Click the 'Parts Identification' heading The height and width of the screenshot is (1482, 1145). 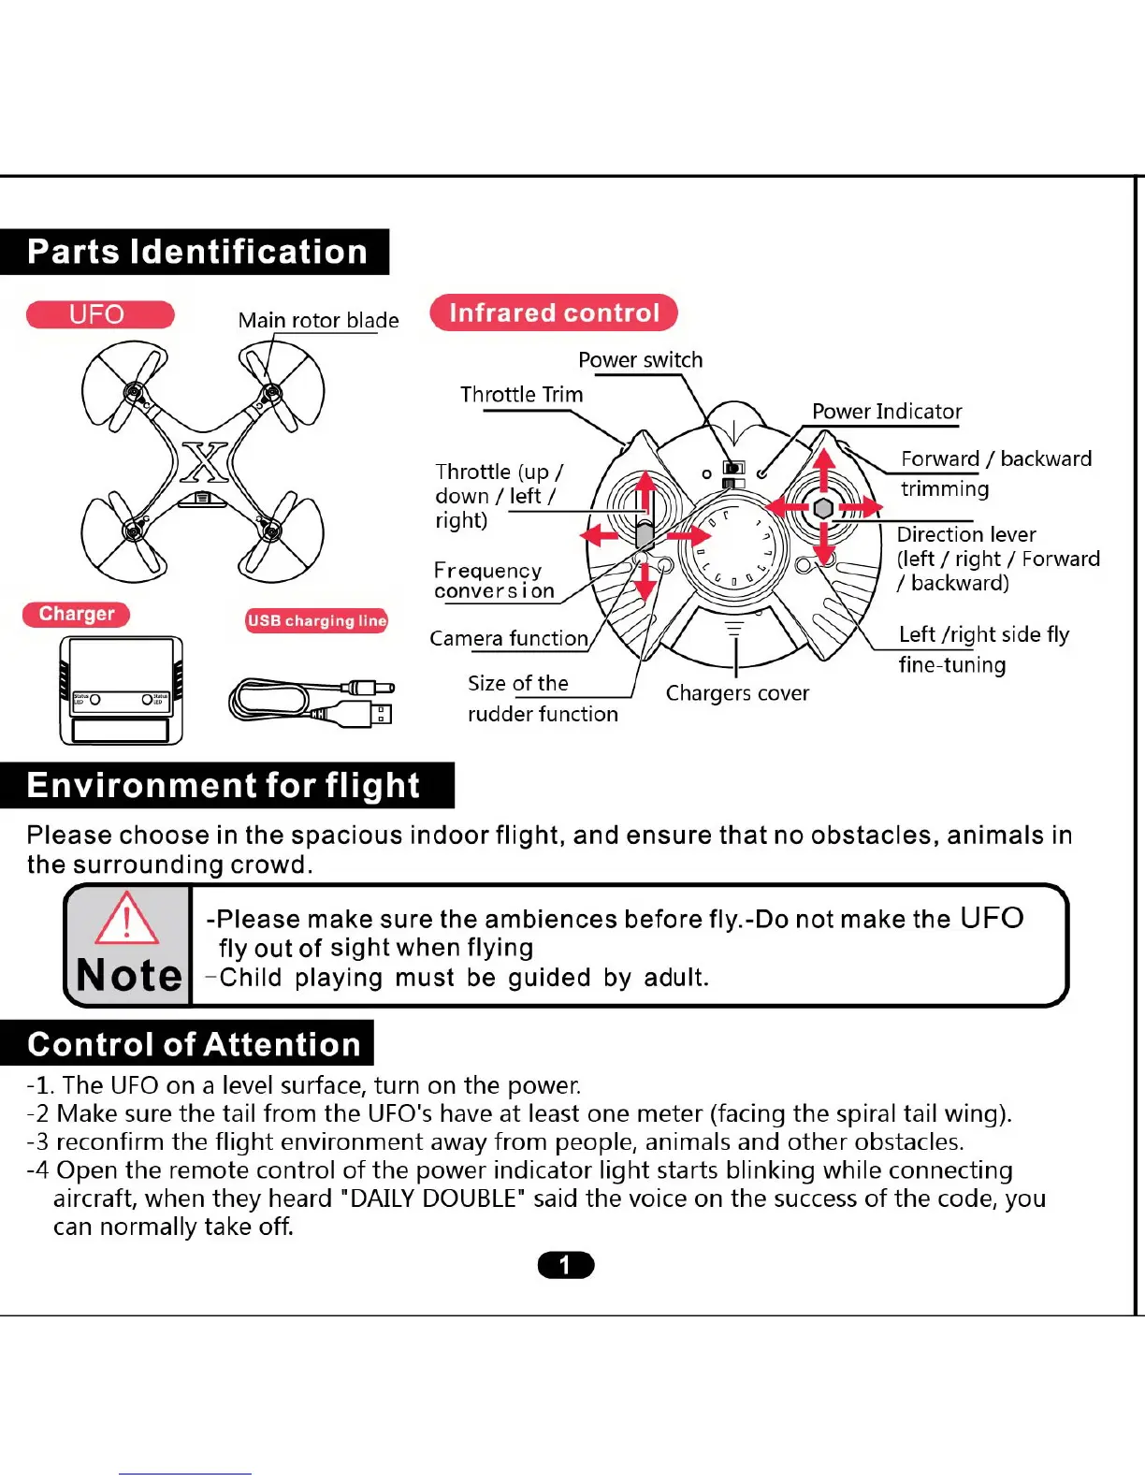[x=196, y=252]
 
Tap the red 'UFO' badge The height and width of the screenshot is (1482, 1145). [x=99, y=314]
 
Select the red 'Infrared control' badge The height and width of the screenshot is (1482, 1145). [x=554, y=312]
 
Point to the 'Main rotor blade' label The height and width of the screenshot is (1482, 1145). [x=318, y=320]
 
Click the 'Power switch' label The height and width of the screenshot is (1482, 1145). [x=640, y=360]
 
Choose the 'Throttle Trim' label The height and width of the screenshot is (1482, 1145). [x=521, y=395]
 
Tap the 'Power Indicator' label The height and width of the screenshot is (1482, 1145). [x=886, y=412]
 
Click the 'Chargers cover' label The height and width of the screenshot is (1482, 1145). [x=737, y=693]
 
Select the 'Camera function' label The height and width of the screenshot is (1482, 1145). [x=508, y=638]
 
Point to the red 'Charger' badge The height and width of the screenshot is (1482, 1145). [x=77, y=614]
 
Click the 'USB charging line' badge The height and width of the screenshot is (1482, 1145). [x=316, y=620]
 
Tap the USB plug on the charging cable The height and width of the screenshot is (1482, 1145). [x=381, y=714]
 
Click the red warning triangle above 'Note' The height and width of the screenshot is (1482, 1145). [x=127, y=918]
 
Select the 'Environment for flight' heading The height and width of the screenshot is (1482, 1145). [x=224, y=785]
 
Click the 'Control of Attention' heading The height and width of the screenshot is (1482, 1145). [x=194, y=1043]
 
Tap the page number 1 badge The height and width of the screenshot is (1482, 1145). [x=566, y=1265]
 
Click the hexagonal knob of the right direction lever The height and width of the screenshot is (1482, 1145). [x=823, y=508]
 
